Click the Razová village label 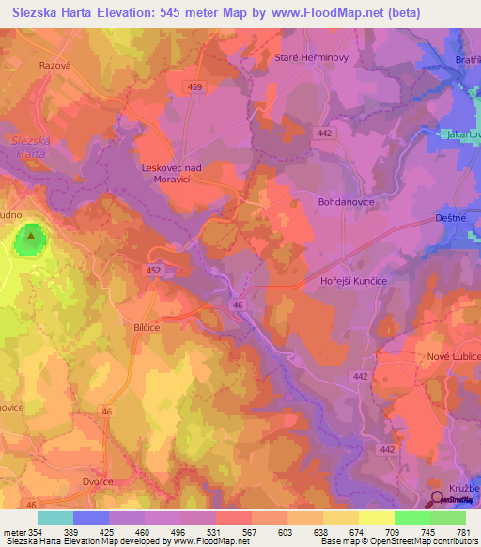[55, 68]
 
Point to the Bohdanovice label [347, 200]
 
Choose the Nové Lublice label [455, 357]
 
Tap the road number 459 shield [194, 87]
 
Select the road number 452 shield [154, 270]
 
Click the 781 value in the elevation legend [464, 533]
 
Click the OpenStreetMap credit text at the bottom [419, 542]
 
